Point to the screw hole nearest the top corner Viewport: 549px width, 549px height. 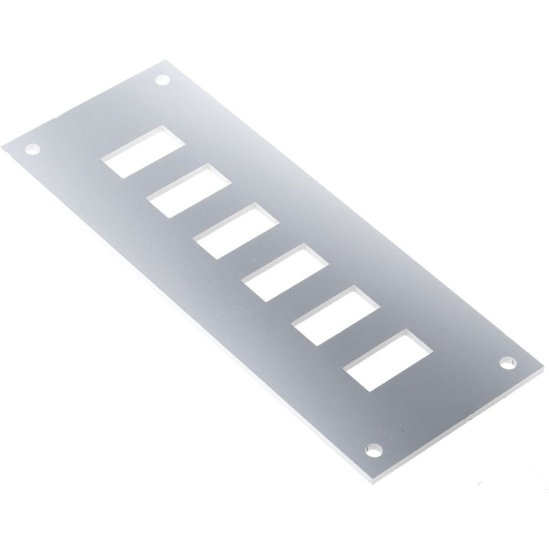[x=162, y=81]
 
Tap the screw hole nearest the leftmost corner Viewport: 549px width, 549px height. [x=32, y=148]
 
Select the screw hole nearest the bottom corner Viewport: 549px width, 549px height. [x=374, y=449]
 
